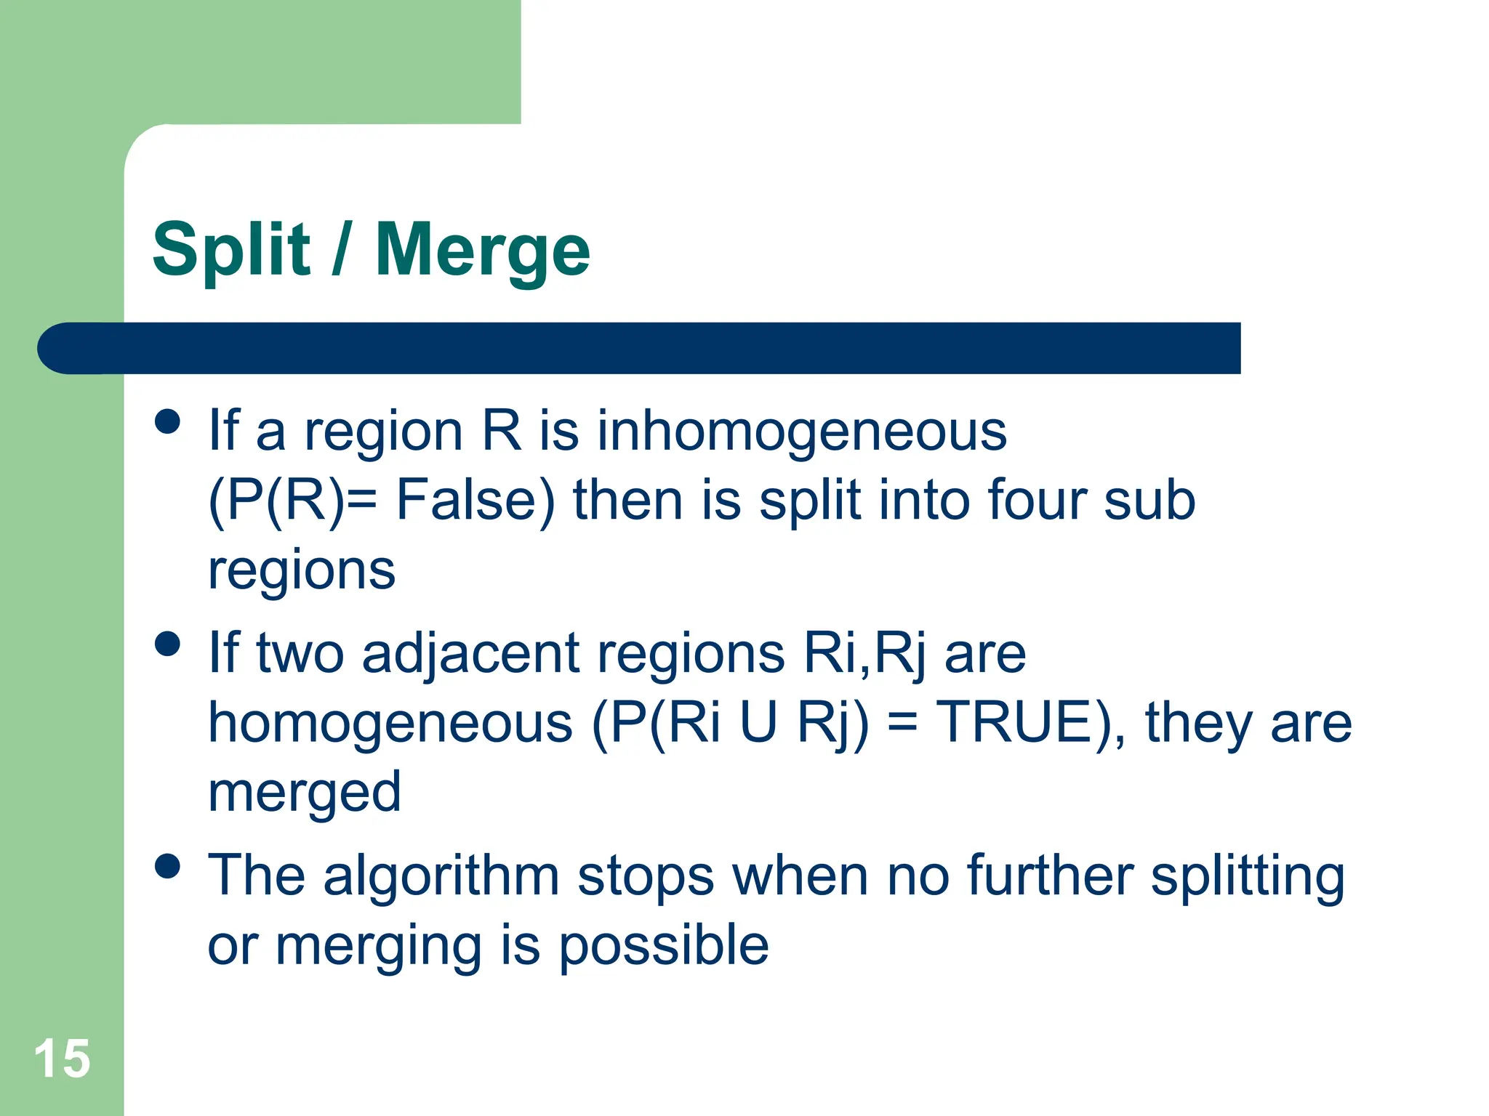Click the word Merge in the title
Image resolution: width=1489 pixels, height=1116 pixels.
pos(482,251)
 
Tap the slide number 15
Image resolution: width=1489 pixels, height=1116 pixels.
pos(62,1059)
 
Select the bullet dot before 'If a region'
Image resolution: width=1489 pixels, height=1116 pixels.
pos(168,421)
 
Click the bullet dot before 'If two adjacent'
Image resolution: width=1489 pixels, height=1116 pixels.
pos(168,644)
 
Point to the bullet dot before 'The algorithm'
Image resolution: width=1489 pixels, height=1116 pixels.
pos(168,866)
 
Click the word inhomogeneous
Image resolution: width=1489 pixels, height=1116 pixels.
pos(802,431)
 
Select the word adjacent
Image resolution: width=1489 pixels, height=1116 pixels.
pos(470,653)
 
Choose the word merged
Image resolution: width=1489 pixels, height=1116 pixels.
pos(305,792)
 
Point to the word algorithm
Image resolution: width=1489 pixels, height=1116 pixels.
pos(441,876)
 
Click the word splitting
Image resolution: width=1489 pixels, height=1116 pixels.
pos(1248,876)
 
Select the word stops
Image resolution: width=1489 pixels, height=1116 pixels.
pos(646,876)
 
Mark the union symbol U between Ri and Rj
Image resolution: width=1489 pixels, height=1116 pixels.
pos(758,722)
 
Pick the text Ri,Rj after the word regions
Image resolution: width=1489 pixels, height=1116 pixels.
pos(864,653)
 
